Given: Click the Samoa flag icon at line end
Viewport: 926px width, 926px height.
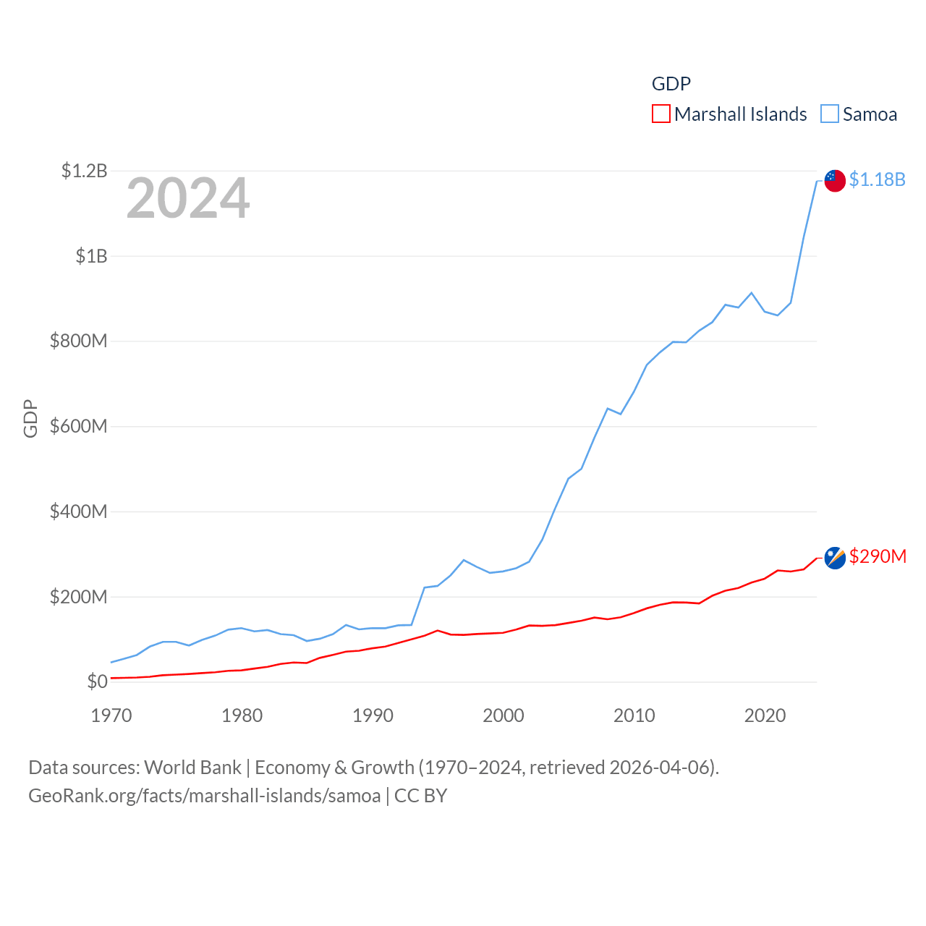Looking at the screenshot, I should [835, 181].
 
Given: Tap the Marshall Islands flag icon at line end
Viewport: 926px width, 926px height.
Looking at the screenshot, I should [835, 558].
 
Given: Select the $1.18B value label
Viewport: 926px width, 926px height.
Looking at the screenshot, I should [877, 179].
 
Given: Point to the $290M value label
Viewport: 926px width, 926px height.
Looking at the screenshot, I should [878, 556].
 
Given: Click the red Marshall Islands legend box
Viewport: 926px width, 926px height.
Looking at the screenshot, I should [661, 114].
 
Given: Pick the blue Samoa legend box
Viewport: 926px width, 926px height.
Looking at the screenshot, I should [830, 114].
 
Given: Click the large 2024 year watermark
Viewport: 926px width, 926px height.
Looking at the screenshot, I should [188, 198].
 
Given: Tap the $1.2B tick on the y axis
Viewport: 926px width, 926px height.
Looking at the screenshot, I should [84, 171].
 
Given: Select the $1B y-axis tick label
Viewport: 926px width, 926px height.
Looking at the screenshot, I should [91, 256].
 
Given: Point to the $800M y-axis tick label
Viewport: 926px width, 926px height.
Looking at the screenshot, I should [78, 341].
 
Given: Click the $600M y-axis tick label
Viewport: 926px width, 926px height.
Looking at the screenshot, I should [78, 427].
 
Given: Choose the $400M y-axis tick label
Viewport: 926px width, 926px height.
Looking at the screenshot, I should [78, 512].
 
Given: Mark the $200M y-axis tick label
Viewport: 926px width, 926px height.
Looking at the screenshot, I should [78, 598].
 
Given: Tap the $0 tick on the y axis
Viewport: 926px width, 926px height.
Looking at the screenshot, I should [97, 681].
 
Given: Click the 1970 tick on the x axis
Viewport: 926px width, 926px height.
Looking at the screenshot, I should [111, 716].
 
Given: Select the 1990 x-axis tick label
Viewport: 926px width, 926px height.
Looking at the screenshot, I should [373, 716].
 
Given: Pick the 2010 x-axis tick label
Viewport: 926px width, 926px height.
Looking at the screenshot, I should [634, 716].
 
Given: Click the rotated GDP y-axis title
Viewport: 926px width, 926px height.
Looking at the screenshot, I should [30, 418].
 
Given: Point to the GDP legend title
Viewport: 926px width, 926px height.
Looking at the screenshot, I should [671, 84].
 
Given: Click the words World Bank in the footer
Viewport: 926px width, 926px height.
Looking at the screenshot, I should [192, 768].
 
